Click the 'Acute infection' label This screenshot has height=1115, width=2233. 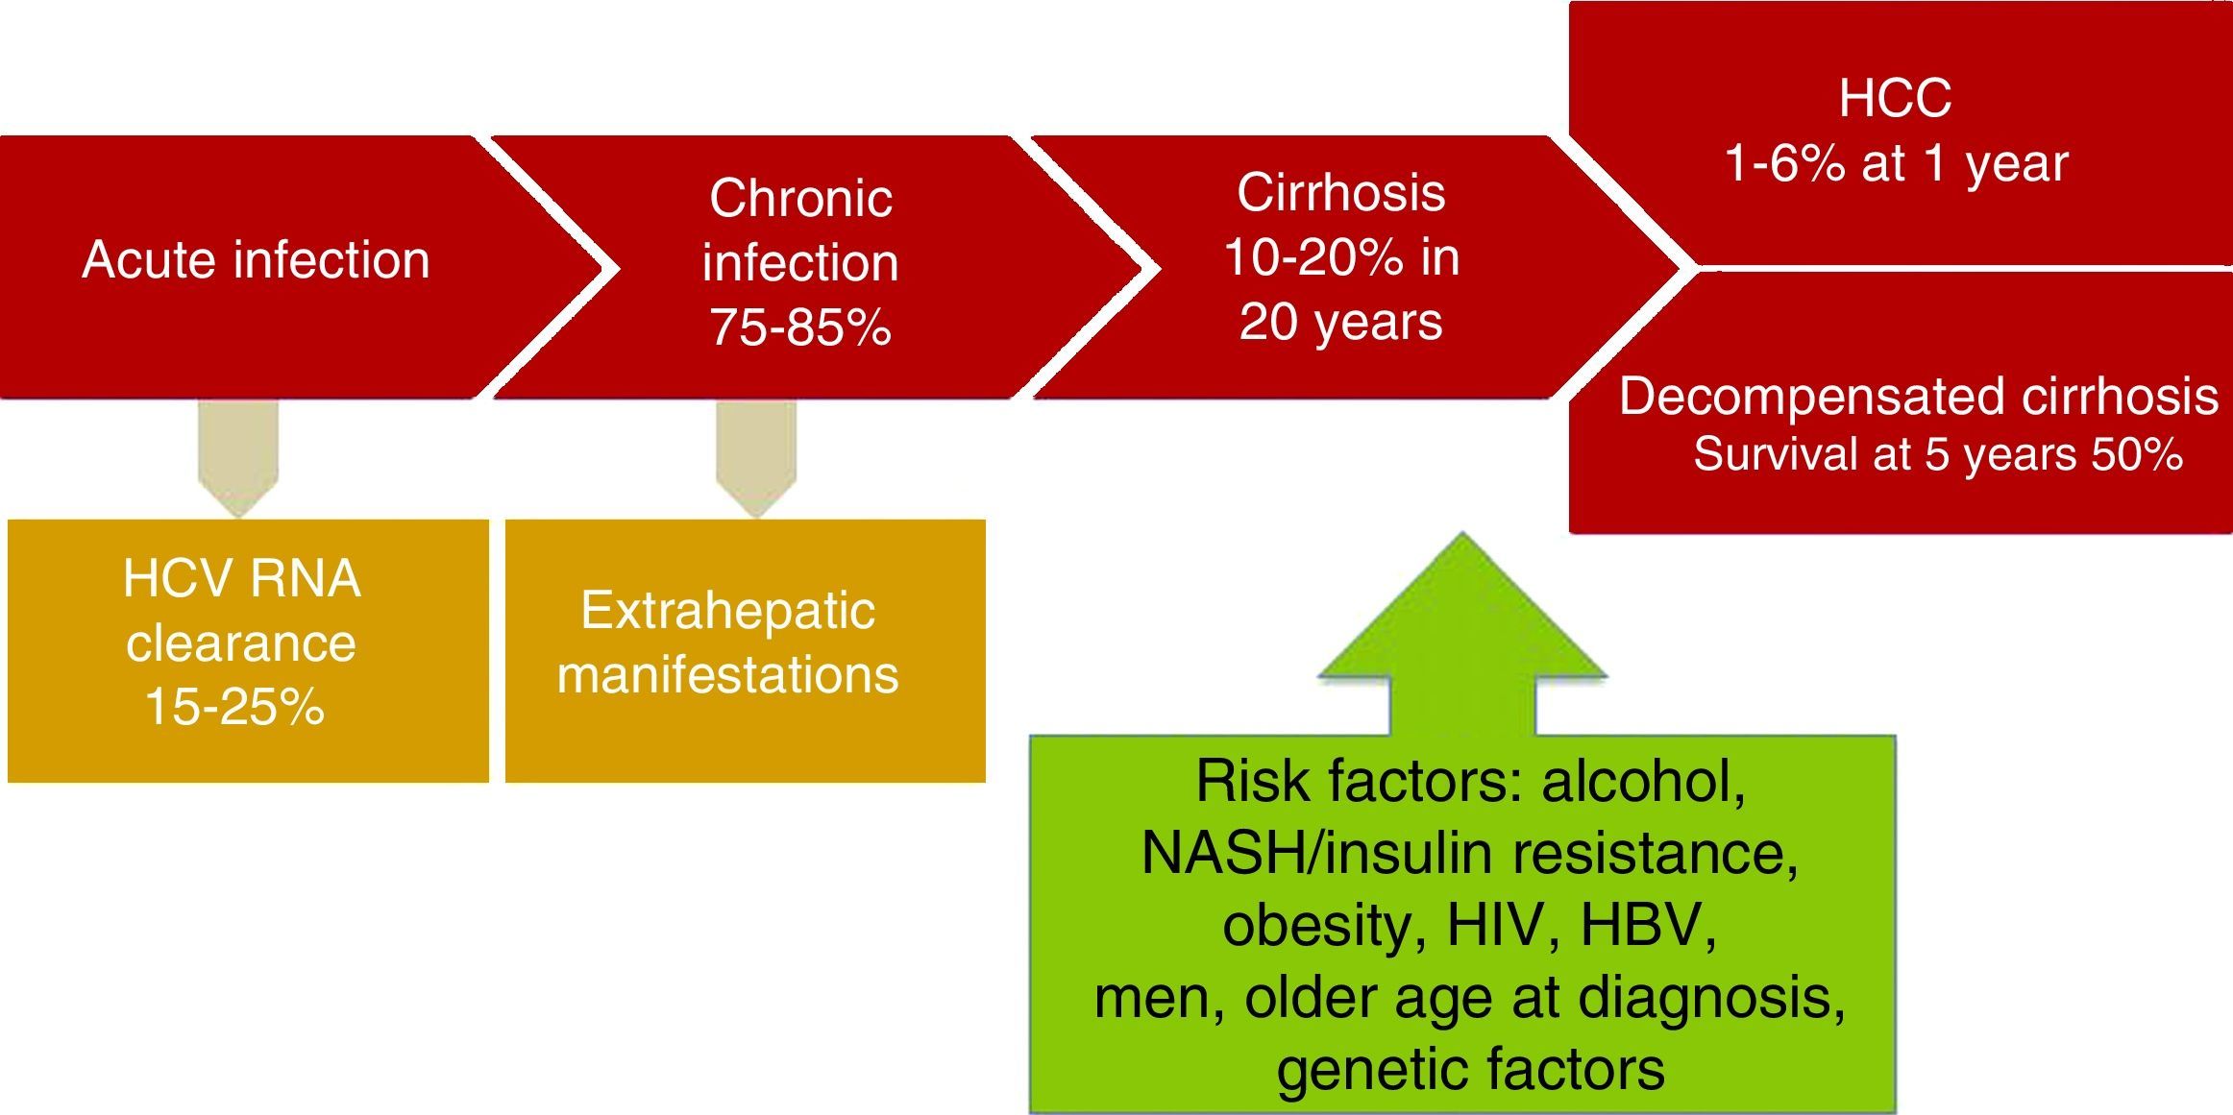256,260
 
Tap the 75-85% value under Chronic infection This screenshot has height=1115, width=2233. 800,327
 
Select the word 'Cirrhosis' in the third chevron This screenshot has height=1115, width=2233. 1340,192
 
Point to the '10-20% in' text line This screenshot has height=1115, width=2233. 1341,256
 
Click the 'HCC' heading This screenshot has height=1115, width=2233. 1895,98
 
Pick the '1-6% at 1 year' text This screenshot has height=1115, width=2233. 1896,162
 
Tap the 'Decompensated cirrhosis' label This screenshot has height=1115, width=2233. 1919,396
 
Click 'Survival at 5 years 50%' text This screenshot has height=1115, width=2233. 1938,453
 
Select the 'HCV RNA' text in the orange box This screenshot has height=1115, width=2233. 242,579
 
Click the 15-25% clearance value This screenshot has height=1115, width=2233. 234,707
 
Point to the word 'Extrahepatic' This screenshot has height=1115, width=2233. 727,612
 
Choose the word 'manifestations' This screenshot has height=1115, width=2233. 727,674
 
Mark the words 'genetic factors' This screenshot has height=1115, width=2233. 1470,1069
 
